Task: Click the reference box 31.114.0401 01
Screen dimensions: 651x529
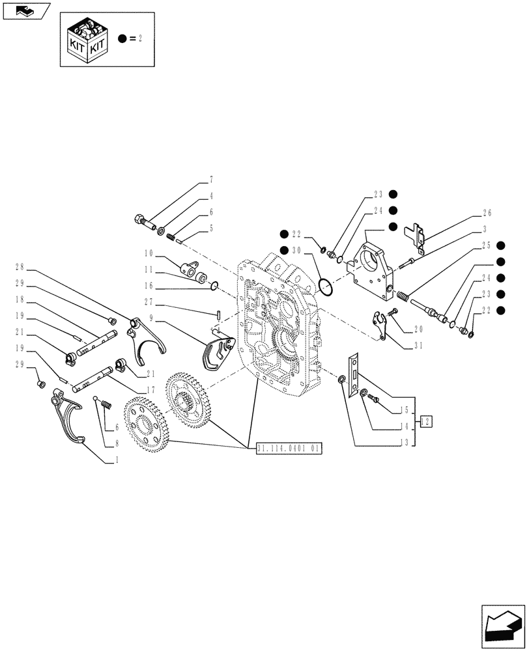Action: click(x=290, y=448)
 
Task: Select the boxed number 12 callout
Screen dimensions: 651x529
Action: click(x=425, y=421)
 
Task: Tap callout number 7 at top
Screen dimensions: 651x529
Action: click(x=210, y=178)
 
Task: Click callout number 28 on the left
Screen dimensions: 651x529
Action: click(x=19, y=268)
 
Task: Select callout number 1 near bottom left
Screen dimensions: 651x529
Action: click(x=117, y=460)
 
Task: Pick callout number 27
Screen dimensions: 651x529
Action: click(x=150, y=301)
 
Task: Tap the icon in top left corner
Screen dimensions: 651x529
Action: click(x=26, y=11)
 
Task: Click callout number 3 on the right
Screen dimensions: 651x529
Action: click(x=486, y=229)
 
